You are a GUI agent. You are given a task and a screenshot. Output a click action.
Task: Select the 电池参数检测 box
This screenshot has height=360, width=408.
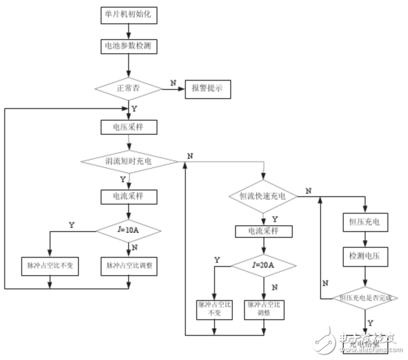point(128,47)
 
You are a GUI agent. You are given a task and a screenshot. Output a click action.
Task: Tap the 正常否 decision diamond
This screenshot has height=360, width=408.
point(128,88)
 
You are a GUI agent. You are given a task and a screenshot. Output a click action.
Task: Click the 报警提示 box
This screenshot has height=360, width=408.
point(208,88)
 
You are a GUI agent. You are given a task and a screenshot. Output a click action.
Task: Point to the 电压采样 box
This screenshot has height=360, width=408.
point(128,127)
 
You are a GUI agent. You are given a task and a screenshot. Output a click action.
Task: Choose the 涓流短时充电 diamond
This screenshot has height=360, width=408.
point(128,160)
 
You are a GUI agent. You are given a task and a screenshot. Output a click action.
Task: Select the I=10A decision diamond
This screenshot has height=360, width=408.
point(128,230)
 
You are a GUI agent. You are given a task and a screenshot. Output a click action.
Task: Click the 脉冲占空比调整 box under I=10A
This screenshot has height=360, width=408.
point(128,265)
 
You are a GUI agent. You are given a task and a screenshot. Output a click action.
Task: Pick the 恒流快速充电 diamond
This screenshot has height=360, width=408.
point(263,195)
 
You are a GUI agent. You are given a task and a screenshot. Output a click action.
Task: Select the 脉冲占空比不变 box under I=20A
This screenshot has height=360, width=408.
point(213,309)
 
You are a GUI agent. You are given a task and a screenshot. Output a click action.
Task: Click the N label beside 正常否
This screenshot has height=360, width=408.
point(173,82)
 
